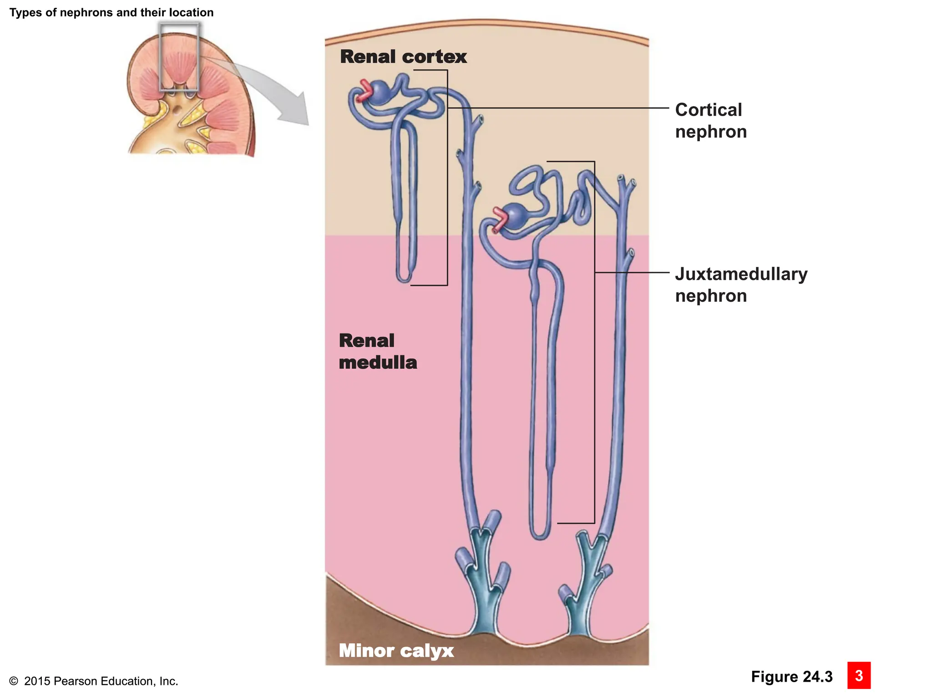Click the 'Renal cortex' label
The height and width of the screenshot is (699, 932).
[403, 57]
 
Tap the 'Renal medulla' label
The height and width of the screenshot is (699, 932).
[378, 351]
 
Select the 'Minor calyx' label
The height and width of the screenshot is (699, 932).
[396, 650]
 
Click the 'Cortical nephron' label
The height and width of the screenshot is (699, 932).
[710, 121]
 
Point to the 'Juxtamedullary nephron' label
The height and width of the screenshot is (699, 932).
[741, 285]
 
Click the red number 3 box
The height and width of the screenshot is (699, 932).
[859, 675]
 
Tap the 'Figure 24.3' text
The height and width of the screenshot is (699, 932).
[791, 677]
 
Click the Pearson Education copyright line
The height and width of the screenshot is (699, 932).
[93, 681]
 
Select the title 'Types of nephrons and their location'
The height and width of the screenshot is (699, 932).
[111, 12]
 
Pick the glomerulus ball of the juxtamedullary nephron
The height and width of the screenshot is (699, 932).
[515, 216]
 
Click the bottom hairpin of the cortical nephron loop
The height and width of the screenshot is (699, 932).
[404, 279]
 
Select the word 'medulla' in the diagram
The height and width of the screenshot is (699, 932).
[378, 363]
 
